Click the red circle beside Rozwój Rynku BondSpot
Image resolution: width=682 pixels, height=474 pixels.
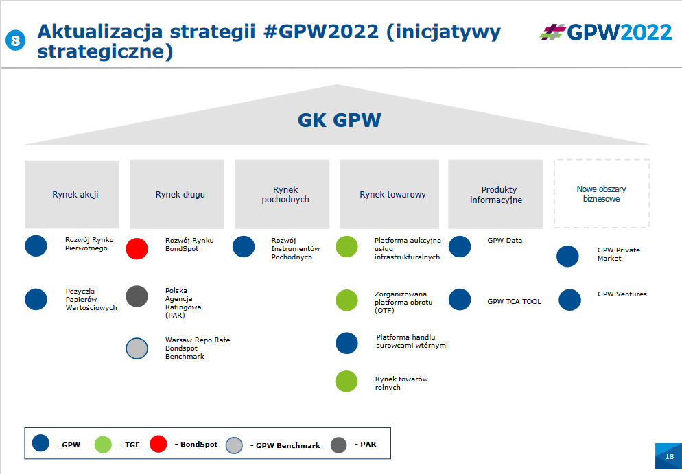(137, 249)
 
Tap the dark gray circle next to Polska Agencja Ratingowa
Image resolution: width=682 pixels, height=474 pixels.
(137, 296)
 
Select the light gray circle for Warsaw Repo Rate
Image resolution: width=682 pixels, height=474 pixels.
(137, 348)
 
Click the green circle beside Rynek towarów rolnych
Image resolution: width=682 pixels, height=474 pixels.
(346, 381)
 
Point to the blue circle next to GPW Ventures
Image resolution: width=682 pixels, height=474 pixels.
(569, 300)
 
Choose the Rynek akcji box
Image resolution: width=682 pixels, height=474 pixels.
(72, 194)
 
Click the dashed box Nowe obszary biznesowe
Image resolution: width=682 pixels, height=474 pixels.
(602, 193)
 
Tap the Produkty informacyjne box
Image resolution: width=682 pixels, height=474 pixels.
(496, 194)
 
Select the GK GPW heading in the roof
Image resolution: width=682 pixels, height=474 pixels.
(339, 120)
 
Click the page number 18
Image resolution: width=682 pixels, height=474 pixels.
(670, 457)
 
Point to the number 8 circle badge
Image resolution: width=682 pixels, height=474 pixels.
(15, 40)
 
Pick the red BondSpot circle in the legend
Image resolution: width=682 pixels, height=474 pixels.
(158, 444)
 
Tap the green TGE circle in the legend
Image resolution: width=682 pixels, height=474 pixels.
(103, 445)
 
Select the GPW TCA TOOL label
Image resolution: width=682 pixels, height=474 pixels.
(514, 301)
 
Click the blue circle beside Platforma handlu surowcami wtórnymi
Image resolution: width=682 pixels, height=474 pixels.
(346, 343)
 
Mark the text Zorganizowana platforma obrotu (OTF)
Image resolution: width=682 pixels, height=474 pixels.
(403, 303)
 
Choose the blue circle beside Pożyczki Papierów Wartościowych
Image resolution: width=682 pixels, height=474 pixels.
(36, 299)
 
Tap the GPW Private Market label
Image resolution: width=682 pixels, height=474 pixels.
(618, 254)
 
